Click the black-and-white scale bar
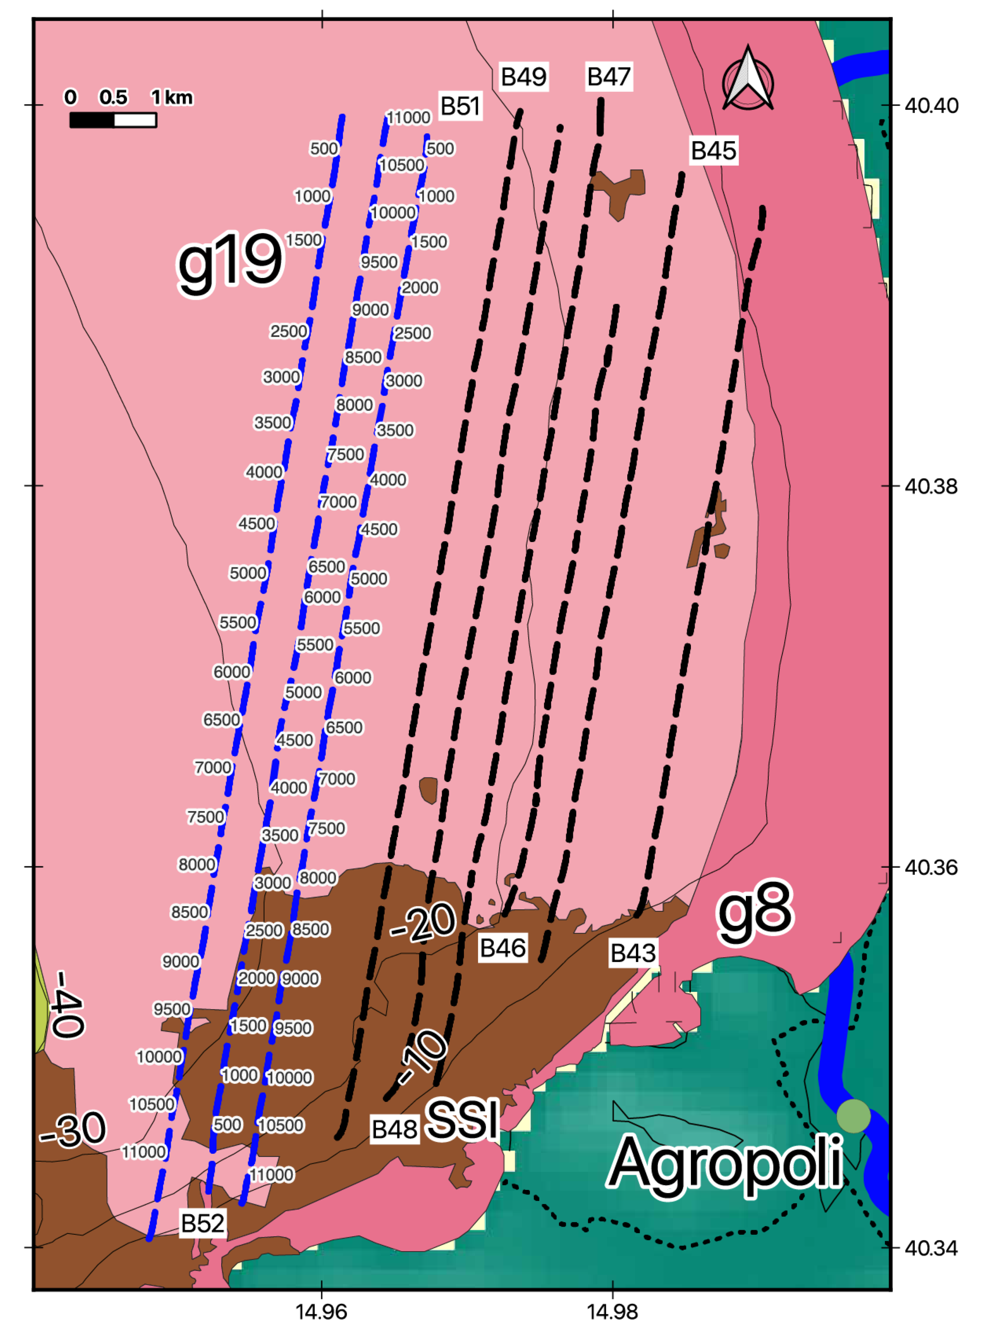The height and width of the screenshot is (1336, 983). point(113,120)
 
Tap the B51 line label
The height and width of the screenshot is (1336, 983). point(460,106)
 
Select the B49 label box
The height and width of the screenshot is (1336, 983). point(523,77)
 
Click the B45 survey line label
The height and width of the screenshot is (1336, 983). point(713,150)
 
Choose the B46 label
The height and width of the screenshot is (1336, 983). point(503,948)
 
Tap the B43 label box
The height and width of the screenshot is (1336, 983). point(633,953)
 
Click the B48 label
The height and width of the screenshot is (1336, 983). point(394,1129)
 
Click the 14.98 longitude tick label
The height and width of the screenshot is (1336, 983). point(612,1311)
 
